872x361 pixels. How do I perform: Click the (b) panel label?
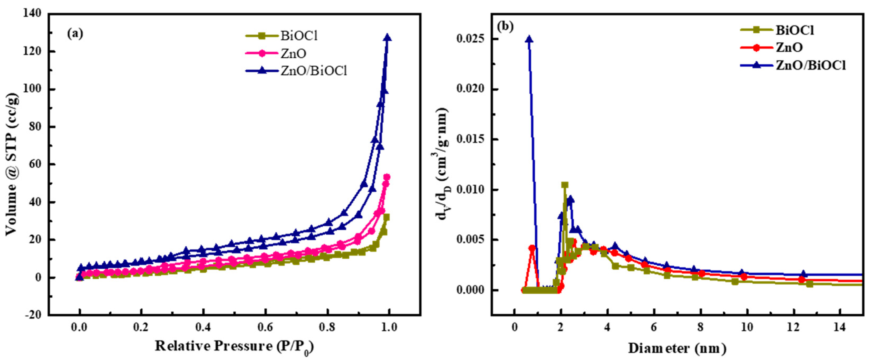(505, 27)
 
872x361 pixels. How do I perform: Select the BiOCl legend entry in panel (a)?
(299, 36)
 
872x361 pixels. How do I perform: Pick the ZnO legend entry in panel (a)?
(293, 53)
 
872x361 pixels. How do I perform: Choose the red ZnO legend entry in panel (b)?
(789, 47)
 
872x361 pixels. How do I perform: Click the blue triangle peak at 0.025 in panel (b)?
(529, 39)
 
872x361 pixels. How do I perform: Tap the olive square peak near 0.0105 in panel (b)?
(565, 185)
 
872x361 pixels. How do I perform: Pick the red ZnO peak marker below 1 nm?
(532, 248)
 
